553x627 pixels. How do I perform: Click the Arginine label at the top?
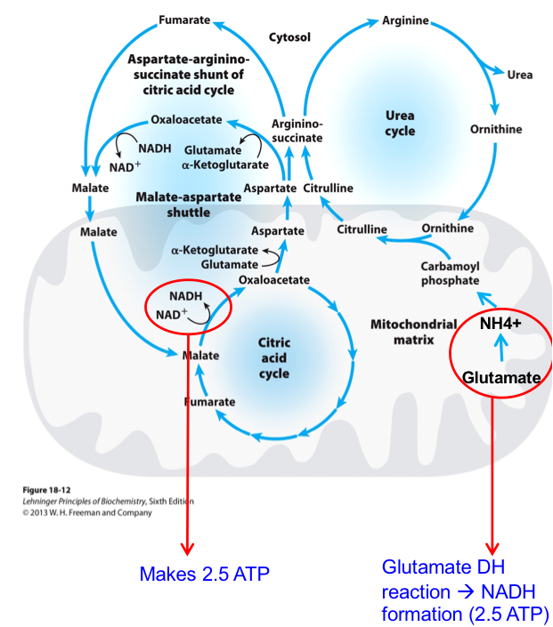coord(405,20)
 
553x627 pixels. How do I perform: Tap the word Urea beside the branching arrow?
coord(520,75)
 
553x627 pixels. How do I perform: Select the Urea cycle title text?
coord(400,123)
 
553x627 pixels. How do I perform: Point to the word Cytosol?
coord(289,36)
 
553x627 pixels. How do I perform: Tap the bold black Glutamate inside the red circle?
coord(501,378)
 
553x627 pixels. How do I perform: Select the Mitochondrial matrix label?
coord(413,332)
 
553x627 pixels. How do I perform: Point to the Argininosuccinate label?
coord(297,131)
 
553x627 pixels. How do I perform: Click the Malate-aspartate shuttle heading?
coord(188,204)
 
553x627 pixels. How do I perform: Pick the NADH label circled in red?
coord(185,297)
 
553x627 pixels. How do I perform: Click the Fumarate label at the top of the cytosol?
coord(184,20)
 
